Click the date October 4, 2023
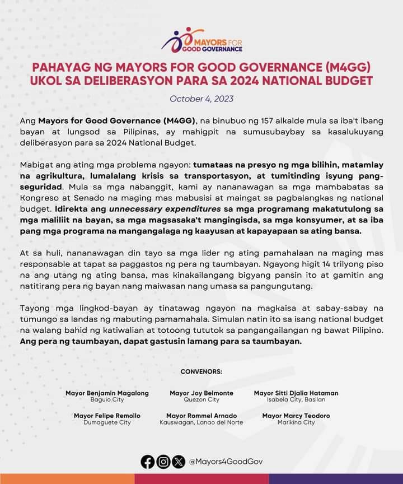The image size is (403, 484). click(x=201, y=99)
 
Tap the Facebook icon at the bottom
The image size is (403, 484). click(x=148, y=462)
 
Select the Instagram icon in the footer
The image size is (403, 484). click(x=163, y=462)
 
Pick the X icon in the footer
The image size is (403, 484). click(x=178, y=462)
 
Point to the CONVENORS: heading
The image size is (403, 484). click(x=201, y=371)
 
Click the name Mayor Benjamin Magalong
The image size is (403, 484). click(x=107, y=393)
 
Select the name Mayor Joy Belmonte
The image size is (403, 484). click(x=201, y=393)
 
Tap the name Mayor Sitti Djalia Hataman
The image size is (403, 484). click(x=296, y=393)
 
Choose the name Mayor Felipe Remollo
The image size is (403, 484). click(x=107, y=416)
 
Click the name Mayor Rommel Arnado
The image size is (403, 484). click(x=201, y=416)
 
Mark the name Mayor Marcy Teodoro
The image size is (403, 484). click(x=296, y=416)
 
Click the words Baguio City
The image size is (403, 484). click(x=107, y=400)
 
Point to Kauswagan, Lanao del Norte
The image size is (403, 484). click(x=201, y=422)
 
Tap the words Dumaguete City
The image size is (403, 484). click(x=107, y=422)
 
